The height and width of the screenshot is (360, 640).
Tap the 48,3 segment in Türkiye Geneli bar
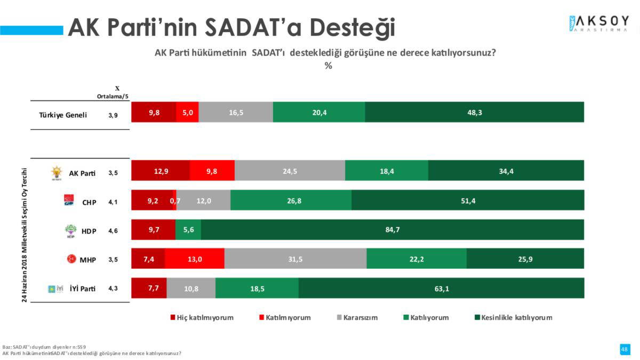[474, 113]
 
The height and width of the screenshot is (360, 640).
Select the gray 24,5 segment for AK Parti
[290, 171]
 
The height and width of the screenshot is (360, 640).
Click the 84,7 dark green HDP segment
[392, 230]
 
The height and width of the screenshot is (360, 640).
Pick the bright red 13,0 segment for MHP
[194, 259]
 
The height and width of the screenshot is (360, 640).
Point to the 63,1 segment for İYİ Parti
[441, 289]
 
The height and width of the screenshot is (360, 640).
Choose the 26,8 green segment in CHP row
[291, 201]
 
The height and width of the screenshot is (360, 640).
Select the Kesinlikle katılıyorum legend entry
[513, 317]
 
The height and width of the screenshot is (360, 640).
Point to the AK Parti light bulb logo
[56, 172]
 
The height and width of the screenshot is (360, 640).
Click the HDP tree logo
[70, 230]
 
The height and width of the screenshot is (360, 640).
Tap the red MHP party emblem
[69, 259]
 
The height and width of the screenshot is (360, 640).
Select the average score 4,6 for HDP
[113, 230]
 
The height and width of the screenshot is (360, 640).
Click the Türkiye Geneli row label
[63, 115]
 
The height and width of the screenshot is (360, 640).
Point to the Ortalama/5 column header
[112, 96]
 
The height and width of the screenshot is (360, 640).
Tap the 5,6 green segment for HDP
[188, 230]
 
